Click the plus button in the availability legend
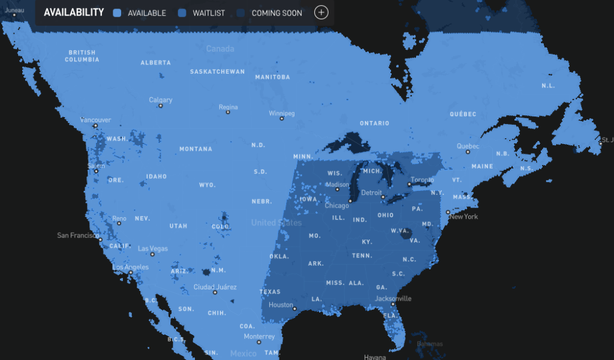click(x=321, y=12)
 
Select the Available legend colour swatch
click(x=118, y=13)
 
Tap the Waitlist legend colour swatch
click(x=182, y=13)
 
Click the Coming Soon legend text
click(x=276, y=13)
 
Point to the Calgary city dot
click(x=161, y=106)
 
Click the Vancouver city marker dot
click(x=95, y=126)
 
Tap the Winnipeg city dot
click(x=282, y=119)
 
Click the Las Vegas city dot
click(x=153, y=254)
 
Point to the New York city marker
click(x=448, y=212)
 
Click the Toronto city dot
click(x=409, y=184)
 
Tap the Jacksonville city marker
click(x=393, y=304)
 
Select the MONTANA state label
click(x=195, y=149)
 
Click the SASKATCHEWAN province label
click(x=217, y=71)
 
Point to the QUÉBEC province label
click(x=463, y=114)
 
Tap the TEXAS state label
click(x=270, y=292)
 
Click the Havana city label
click(x=375, y=357)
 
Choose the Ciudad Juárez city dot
click(x=215, y=293)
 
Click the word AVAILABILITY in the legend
click(x=74, y=13)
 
